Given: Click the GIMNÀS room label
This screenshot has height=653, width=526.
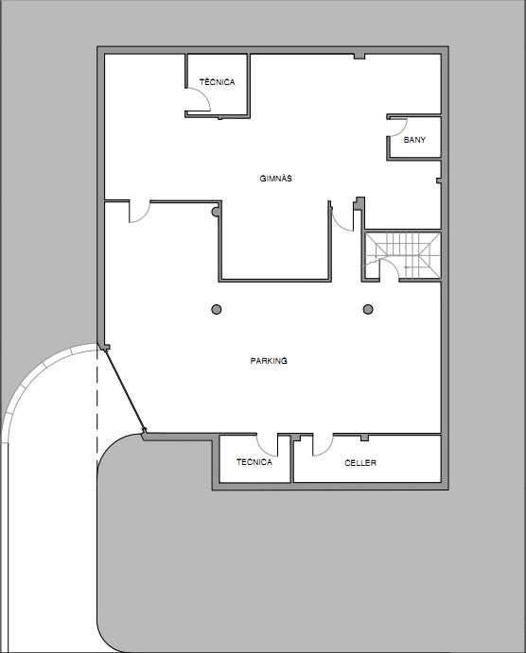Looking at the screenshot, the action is (275, 179).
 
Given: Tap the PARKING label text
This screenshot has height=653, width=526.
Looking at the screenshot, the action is (269, 361).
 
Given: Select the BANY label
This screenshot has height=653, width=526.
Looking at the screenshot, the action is (414, 140).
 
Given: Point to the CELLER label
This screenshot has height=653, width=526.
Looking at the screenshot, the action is (360, 463).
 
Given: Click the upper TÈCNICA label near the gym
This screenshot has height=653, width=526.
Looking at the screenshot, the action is (218, 82).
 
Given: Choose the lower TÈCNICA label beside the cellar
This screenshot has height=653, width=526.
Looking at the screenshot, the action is (254, 462).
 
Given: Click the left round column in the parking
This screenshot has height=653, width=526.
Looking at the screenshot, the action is (217, 309).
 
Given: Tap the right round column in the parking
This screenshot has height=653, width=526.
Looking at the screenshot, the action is (368, 309).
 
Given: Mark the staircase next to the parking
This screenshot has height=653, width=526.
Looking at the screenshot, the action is (403, 256).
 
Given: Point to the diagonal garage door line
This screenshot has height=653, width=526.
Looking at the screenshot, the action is (125, 389).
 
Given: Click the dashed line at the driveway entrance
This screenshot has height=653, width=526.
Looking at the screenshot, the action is (97, 408).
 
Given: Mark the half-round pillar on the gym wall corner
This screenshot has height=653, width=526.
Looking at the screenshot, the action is (215, 212).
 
